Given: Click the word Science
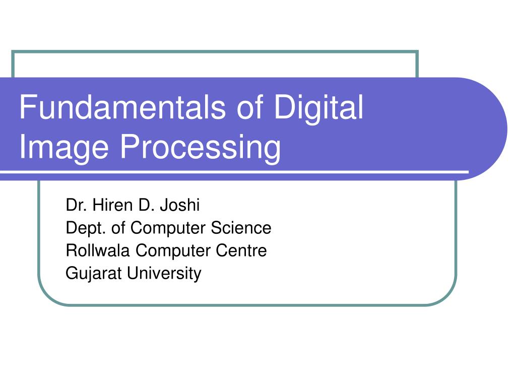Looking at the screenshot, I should [241, 228].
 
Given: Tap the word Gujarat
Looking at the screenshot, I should [94, 274].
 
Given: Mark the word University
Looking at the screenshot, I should [164, 274].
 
